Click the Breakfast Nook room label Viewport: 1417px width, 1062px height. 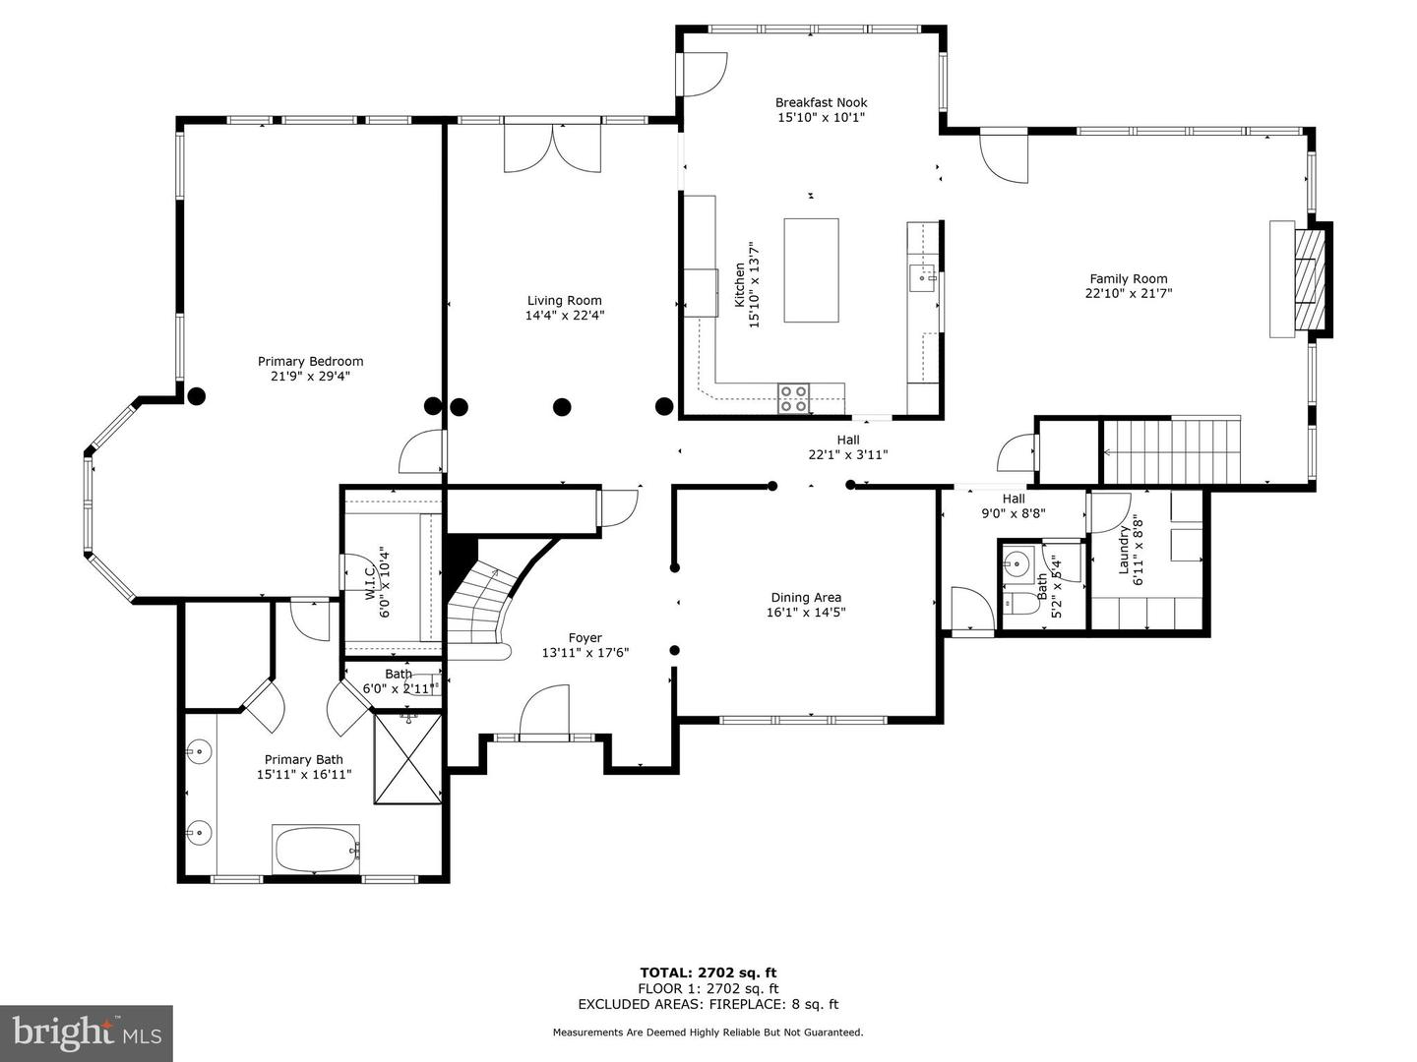point(821,102)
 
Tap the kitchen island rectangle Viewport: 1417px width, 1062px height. point(812,270)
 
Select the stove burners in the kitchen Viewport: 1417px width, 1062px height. point(793,398)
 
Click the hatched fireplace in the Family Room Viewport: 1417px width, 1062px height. point(1309,279)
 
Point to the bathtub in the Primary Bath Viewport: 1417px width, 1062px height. point(316,849)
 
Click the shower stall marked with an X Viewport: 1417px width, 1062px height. point(408,758)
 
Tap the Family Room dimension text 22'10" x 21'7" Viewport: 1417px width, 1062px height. point(1129,293)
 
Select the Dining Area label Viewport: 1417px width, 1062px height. point(806,598)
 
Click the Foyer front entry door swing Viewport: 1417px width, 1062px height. point(543,709)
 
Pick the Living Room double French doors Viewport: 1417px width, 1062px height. point(553,148)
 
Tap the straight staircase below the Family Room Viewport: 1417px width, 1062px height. point(1171,450)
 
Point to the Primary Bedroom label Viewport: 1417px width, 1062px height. point(311,362)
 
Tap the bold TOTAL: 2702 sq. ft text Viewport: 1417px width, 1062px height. point(708,973)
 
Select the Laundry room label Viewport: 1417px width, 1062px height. point(1124,550)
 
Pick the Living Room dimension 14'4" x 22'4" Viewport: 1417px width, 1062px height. point(565,316)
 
